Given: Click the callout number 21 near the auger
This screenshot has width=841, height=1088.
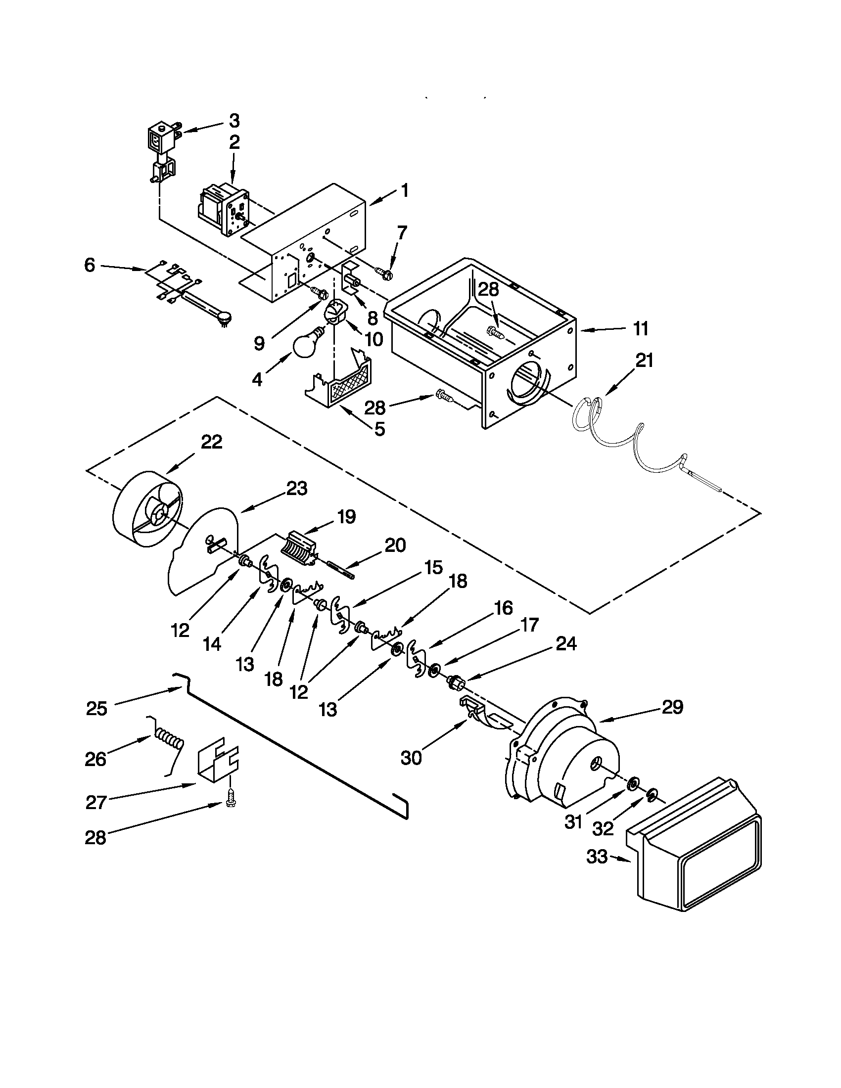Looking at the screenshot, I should [644, 360].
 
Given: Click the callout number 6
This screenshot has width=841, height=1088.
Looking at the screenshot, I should [89, 266].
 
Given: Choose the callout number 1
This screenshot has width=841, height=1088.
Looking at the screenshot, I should [405, 190].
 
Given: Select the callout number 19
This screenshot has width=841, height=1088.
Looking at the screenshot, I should [346, 517].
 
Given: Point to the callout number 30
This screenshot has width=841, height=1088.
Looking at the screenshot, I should [412, 758].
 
